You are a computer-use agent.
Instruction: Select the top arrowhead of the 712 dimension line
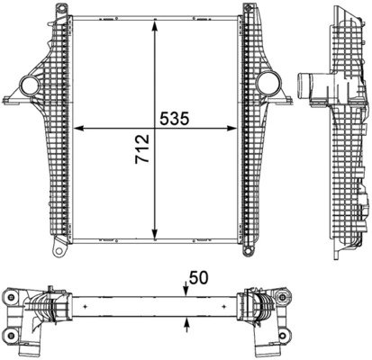(158, 22)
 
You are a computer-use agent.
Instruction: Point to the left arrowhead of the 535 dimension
(76, 128)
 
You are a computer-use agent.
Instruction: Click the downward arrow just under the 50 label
(184, 289)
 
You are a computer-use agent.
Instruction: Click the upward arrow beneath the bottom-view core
(184, 321)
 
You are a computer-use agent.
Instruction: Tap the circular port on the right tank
(267, 85)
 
